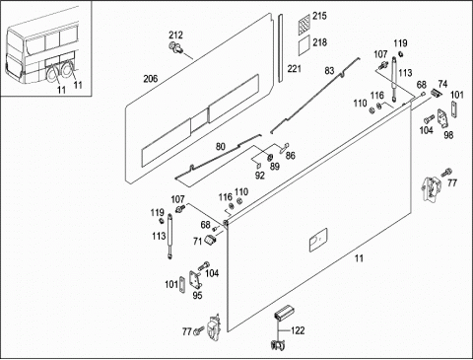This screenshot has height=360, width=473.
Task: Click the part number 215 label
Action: (x=319, y=16)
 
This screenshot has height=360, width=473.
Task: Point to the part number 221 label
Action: (x=295, y=69)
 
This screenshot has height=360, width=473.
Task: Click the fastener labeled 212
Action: (x=174, y=47)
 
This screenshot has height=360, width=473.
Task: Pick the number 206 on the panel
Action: (x=151, y=79)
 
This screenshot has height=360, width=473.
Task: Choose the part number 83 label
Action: (x=329, y=71)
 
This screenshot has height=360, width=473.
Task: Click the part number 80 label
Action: (x=221, y=146)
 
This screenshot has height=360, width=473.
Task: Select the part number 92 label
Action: (x=260, y=176)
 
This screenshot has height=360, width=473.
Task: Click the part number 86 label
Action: (x=291, y=155)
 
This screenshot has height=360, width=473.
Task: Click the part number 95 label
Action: (x=197, y=296)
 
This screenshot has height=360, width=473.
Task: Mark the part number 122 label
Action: (x=298, y=330)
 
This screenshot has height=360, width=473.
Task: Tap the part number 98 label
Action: (x=448, y=135)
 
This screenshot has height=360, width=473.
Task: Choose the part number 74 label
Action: (x=442, y=84)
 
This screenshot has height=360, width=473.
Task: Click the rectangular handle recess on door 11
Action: (x=318, y=240)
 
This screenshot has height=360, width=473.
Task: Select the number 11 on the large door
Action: (x=359, y=258)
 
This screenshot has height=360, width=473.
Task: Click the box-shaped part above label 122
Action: (x=284, y=313)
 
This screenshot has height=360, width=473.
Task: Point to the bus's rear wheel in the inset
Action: (x=52, y=74)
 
